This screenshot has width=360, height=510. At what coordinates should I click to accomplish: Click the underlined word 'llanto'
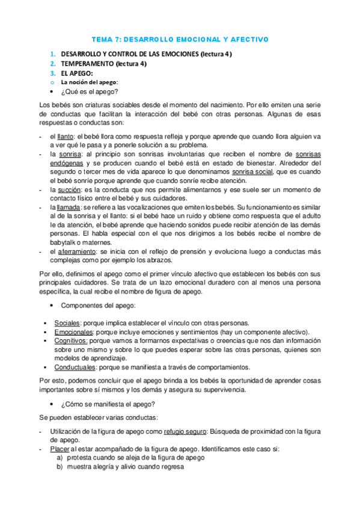pos(59,137)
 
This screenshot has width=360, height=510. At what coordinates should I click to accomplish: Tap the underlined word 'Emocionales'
pos(73,332)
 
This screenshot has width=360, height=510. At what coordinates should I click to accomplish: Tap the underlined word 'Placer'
pos(59,449)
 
